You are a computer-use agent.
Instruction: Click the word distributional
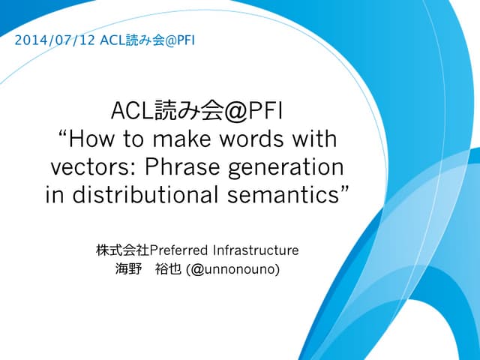146,194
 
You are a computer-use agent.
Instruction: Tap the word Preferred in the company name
181,249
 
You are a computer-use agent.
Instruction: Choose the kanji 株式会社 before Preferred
123,249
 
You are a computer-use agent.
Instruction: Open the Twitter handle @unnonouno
235,268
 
